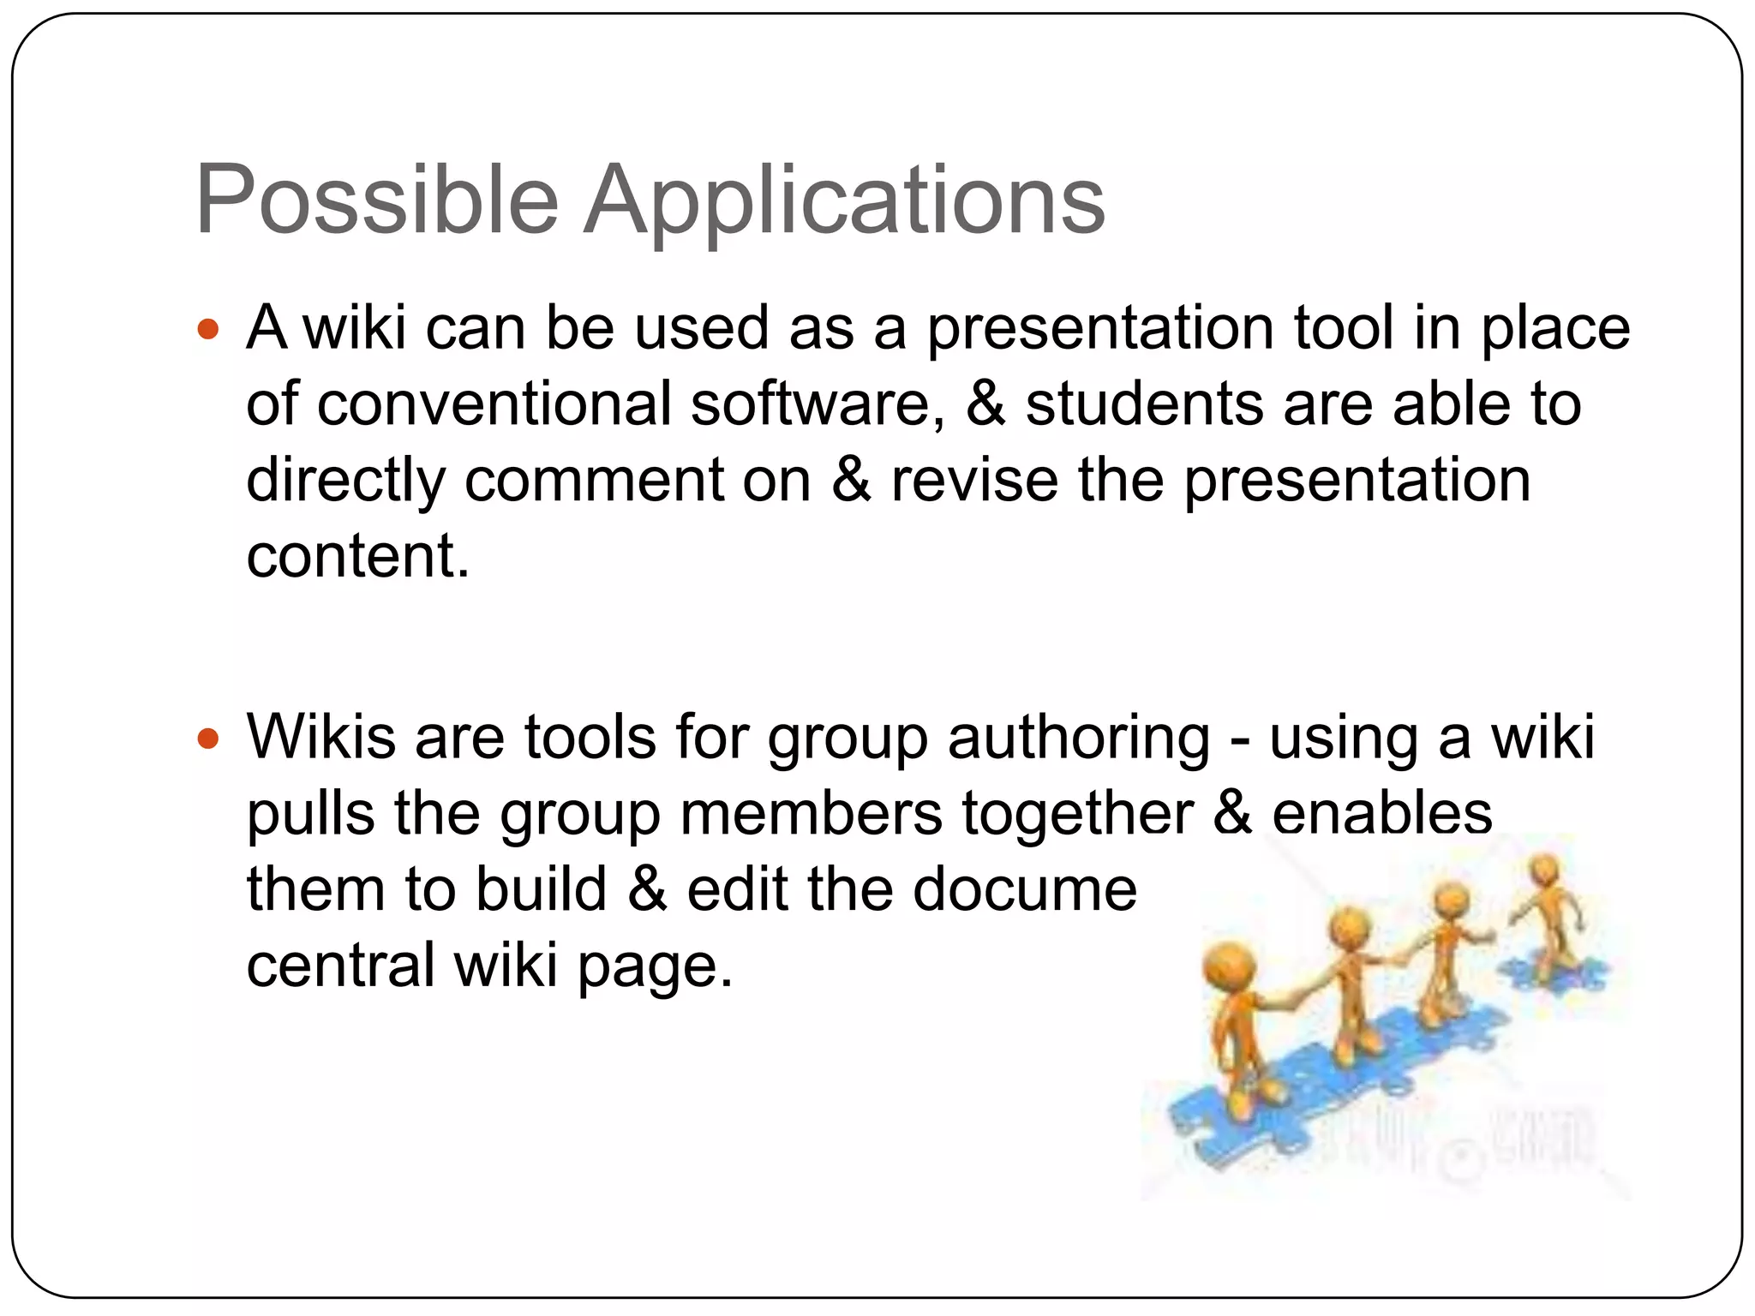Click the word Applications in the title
[844, 202]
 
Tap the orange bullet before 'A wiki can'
[208, 329]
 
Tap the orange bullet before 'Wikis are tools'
[208, 739]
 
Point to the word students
[1144, 404]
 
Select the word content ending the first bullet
[357, 556]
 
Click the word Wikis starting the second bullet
[321, 737]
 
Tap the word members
[811, 813]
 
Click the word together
[1077, 813]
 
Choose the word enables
[1381, 813]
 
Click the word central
[340, 966]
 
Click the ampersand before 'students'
[985, 404]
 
